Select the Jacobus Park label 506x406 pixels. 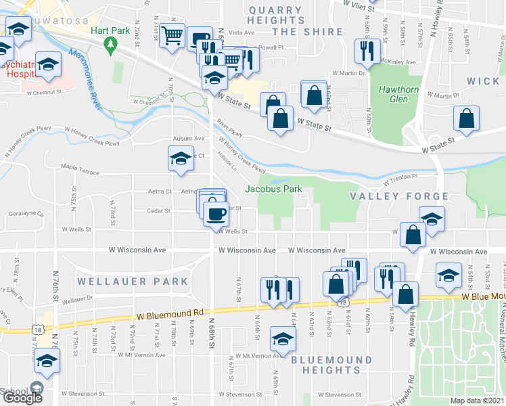click(x=273, y=189)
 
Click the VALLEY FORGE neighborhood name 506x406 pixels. click(x=398, y=196)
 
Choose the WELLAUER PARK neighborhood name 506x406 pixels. click(x=132, y=281)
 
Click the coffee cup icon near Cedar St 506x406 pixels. click(x=216, y=213)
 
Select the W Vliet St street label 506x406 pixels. click(x=358, y=4)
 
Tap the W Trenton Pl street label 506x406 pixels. click(x=400, y=179)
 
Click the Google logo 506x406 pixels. click(x=22, y=398)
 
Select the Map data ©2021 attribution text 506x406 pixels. click(x=478, y=401)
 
